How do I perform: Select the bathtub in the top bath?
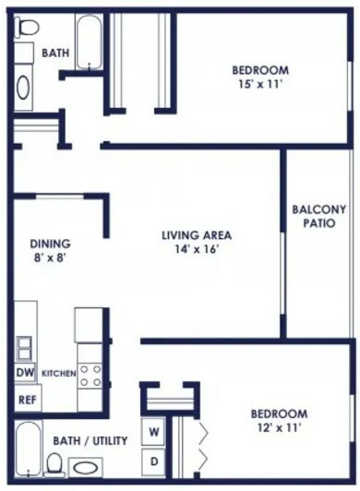tap(90, 42)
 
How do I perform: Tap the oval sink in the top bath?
tap(23, 88)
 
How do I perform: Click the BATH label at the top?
tap(55, 53)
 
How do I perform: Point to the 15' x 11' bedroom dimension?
tap(260, 85)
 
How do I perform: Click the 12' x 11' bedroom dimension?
tap(279, 427)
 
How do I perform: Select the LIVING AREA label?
tap(197, 234)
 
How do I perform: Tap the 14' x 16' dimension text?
tap(197, 249)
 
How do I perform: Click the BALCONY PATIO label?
tap(319, 216)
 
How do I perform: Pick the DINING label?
tap(50, 244)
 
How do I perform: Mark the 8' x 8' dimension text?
tap(51, 258)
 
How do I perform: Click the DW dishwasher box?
tap(25, 373)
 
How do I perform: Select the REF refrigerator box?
tap(28, 399)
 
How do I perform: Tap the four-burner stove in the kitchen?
tap(90, 376)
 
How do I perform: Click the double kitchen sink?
tap(24, 348)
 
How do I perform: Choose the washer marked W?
tap(153, 432)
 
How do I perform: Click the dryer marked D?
tap(153, 461)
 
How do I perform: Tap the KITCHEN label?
tap(59, 373)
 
